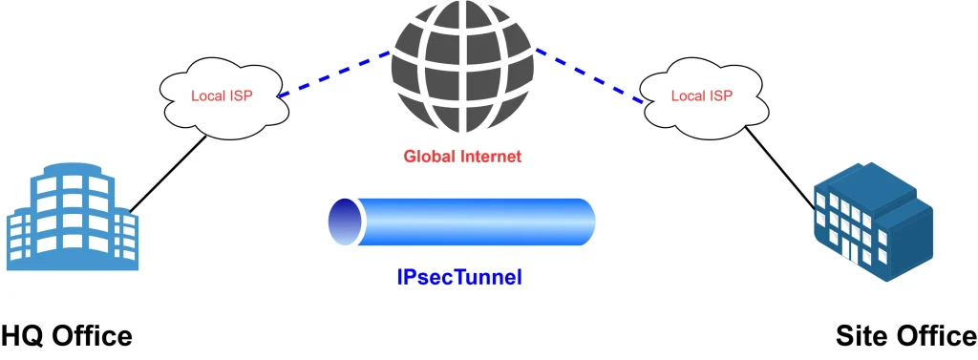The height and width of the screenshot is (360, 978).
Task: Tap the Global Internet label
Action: point(463,157)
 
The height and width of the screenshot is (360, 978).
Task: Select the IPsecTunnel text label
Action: point(461,278)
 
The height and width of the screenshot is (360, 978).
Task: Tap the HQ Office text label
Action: point(66,337)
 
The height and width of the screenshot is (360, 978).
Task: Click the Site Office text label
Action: point(904,337)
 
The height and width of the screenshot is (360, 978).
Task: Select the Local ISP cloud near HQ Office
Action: point(222,95)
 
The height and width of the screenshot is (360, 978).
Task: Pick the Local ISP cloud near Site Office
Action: point(701,95)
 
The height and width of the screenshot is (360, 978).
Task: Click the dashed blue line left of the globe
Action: point(334,74)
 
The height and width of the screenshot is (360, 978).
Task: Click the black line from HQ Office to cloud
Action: point(167,175)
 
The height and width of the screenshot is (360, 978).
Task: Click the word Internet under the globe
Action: point(488,157)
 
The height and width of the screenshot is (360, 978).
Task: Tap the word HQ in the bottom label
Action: point(24,337)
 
